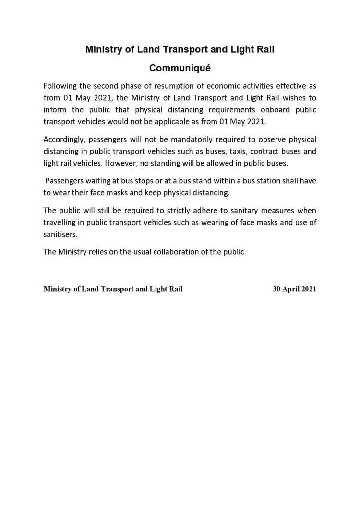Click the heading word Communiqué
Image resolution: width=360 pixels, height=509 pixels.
click(x=180, y=68)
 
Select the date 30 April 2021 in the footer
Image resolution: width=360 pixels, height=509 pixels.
click(x=294, y=289)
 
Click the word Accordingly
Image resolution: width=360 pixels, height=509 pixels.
click(x=65, y=140)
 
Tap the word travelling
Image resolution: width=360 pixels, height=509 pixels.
click(x=62, y=223)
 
